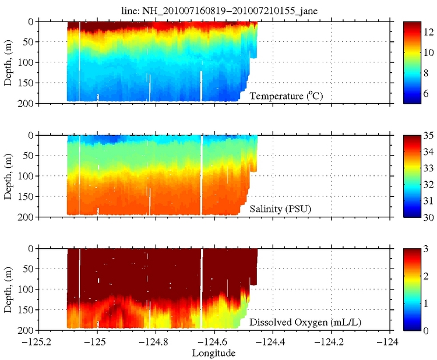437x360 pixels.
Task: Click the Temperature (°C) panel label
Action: [286, 96]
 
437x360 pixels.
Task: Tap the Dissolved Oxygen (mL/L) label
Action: [296, 322]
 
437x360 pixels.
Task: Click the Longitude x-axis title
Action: [214, 353]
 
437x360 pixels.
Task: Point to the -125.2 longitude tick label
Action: [38, 342]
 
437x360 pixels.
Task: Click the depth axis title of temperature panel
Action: [8, 62]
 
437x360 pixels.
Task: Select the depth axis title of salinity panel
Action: [8, 176]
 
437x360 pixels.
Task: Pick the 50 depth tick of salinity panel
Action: [50, 156]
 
